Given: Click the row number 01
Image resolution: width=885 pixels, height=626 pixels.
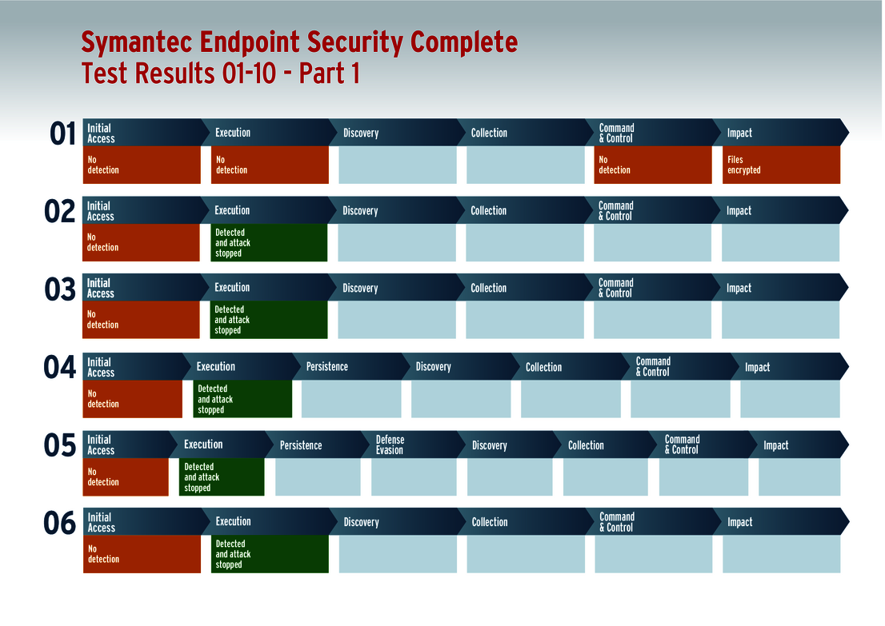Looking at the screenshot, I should coord(63,134).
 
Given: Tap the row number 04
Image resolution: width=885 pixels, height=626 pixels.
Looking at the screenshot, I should coord(59,368).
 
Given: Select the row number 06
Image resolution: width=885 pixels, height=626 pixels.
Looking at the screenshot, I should coord(60,524).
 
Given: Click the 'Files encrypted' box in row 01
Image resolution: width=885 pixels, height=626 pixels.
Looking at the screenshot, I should coord(780,165).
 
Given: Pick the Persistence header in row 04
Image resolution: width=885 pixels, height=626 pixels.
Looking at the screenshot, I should coord(327,367).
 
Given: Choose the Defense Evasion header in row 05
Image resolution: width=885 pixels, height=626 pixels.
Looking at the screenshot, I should coord(390,445).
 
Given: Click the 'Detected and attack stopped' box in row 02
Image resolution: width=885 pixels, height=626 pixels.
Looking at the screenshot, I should coord(269,242).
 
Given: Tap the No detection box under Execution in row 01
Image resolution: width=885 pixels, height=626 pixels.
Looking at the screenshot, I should coord(270,165).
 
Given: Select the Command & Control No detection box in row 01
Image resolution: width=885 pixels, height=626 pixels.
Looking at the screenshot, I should coord(652,165).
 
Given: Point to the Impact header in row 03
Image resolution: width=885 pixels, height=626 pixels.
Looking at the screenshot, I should coord(739,288).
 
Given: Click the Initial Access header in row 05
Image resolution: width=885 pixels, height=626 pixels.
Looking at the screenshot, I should coord(101,445).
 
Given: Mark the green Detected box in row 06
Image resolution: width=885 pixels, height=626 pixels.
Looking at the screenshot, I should coord(270,553).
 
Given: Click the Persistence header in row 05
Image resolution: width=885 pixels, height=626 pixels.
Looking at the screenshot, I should coord(301,445).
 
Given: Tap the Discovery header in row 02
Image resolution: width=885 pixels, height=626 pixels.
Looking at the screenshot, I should coord(360,211).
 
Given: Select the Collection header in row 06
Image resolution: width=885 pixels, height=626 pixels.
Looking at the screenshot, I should coord(490,522).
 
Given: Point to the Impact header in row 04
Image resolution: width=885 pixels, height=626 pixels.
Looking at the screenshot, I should coord(757,368).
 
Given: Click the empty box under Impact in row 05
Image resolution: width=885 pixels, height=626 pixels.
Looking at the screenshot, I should coord(799,476).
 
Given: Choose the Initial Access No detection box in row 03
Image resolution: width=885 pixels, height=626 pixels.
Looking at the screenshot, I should coord(141,320).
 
